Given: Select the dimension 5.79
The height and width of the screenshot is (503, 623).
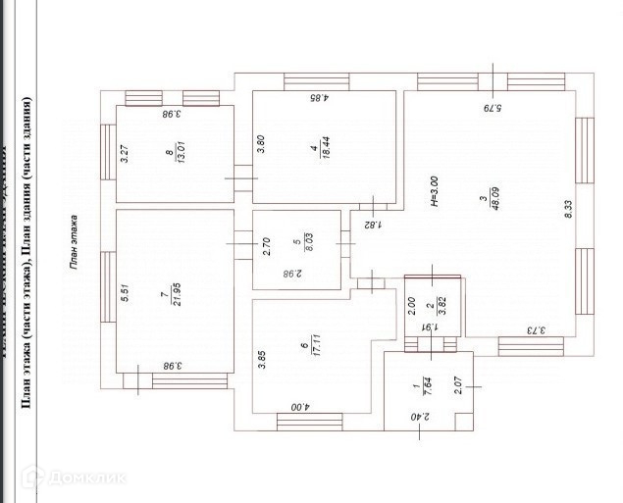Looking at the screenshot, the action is (x=491, y=107).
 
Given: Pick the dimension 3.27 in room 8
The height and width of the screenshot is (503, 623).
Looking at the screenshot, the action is (x=125, y=155).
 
